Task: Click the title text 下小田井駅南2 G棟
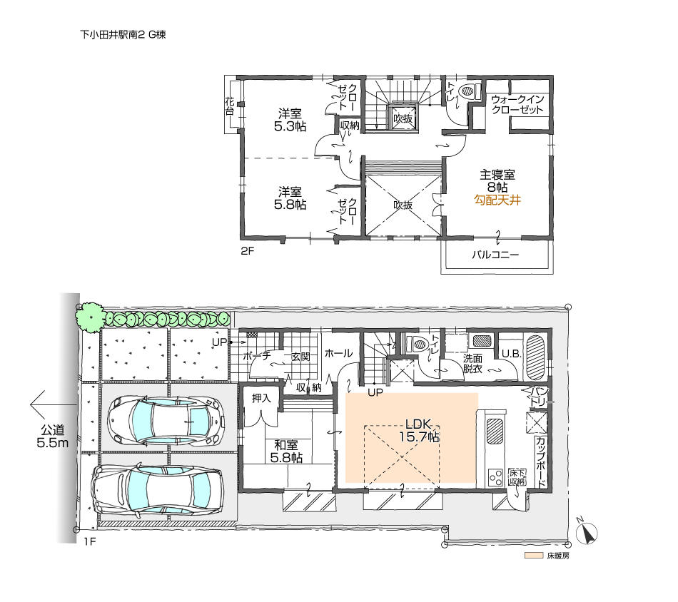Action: pos(123,34)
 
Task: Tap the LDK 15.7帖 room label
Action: pos(413,430)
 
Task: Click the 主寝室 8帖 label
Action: pos(497,180)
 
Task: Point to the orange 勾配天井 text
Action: pos(497,201)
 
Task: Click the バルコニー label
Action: pos(495,255)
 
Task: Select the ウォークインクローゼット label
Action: pos(519,105)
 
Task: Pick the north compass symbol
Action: pos(587,532)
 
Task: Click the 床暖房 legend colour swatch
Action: pos(533,555)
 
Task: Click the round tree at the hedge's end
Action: pos(91,317)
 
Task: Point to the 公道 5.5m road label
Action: pos(52,437)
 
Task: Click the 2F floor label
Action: pos(247,251)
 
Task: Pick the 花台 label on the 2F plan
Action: pos(230,108)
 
